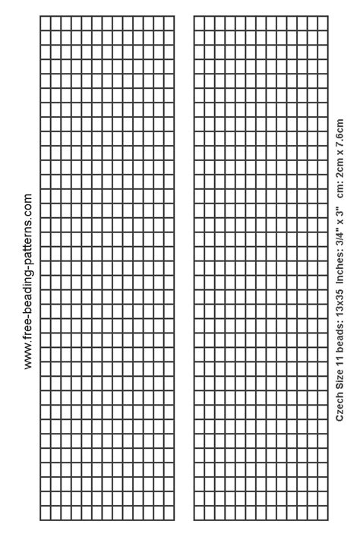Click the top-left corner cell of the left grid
(x=45, y=22)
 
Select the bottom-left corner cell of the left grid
(x=45, y=513)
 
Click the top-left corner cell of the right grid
(x=199, y=22)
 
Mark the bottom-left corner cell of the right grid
(x=199, y=513)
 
